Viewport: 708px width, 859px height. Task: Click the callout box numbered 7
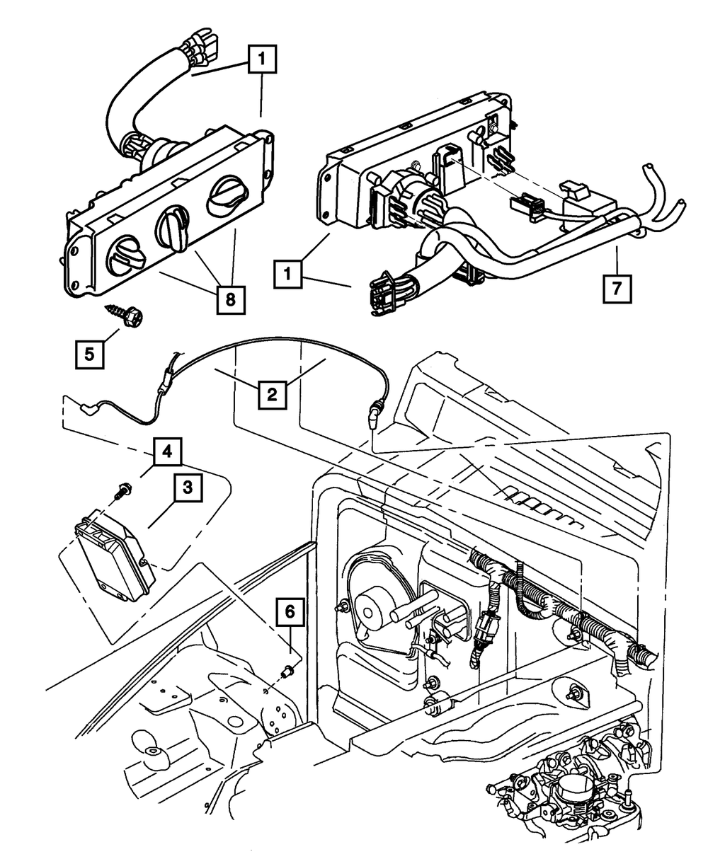pyautogui.click(x=617, y=289)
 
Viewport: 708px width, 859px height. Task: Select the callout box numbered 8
pyautogui.click(x=231, y=299)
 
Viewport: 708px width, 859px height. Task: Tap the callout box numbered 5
pyautogui.click(x=90, y=354)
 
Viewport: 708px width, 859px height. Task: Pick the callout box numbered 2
pyautogui.click(x=272, y=395)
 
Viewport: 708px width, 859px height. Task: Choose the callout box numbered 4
pyautogui.click(x=167, y=452)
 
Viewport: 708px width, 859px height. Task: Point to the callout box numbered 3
pyautogui.click(x=188, y=488)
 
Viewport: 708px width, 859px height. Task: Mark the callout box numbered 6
pyautogui.click(x=290, y=612)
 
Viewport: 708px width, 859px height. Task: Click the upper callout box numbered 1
pyautogui.click(x=262, y=59)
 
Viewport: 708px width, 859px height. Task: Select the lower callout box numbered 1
pyautogui.click(x=287, y=274)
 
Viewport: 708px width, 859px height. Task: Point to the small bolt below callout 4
pyautogui.click(x=123, y=491)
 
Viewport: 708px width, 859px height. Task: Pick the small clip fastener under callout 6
pyautogui.click(x=288, y=671)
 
